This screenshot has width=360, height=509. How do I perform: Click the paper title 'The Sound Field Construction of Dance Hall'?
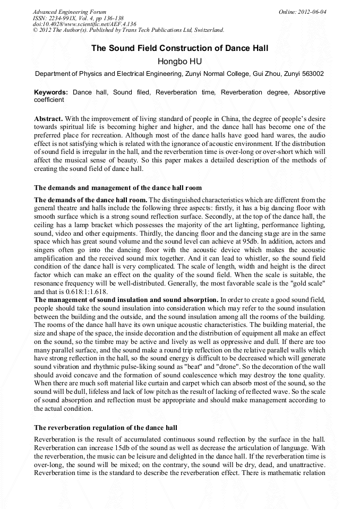pyautogui.click(x=179, y=48)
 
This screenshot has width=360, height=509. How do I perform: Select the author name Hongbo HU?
pyautogui.click(x=179, y=62)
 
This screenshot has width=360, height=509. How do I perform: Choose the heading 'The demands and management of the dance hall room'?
pyautogui.click(x=118, y=187)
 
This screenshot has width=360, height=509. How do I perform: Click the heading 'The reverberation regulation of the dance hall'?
pyautogui.click(x=106, y=427)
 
